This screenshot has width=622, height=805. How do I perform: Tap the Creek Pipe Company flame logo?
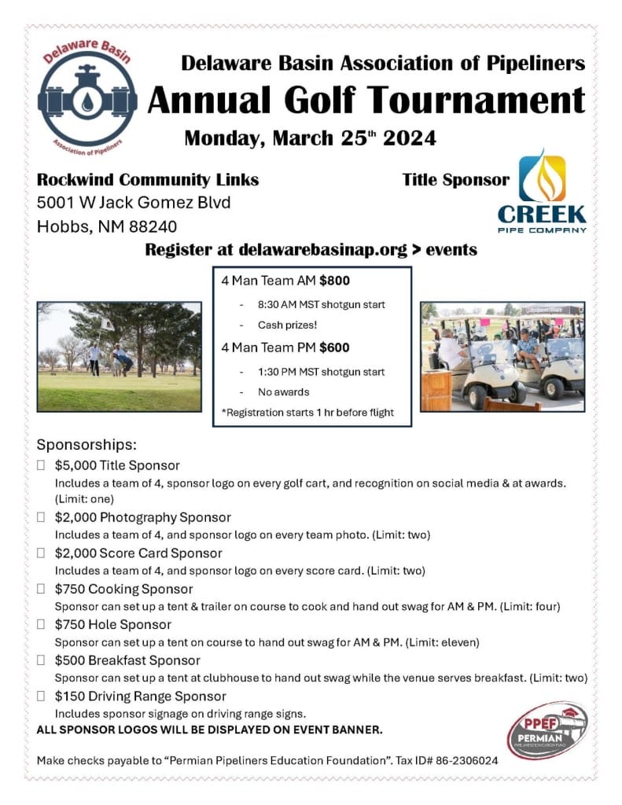click(x=542, y=191)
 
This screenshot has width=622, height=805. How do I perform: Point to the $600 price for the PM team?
click(x=334, y=347)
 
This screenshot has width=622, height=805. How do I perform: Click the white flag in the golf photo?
click(x=108, y=324)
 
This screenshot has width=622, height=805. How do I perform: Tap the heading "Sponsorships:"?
click(x=86, y=444)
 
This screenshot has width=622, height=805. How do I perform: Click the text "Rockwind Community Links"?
click(x=148, y=179)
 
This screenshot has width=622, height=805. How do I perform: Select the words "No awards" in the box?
click(x=284, y=391)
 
